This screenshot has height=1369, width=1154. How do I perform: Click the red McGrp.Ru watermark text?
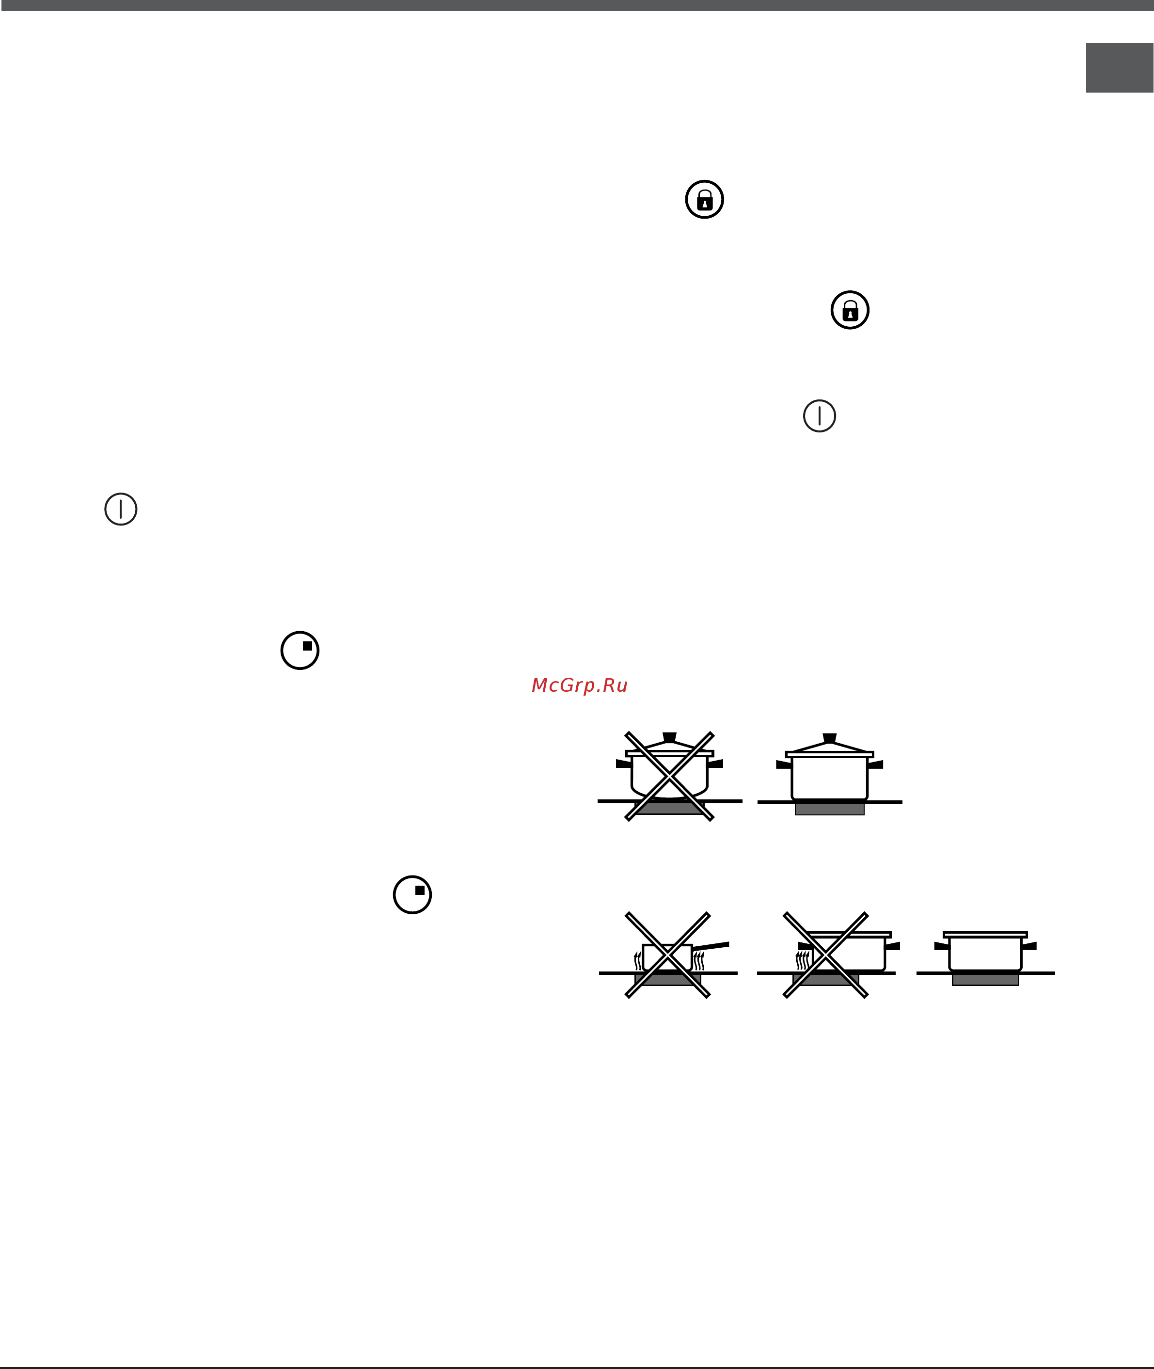coord(580,685)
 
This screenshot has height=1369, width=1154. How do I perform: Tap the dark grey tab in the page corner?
coord(1119,68)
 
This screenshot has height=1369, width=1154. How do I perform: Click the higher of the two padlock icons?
coord(705,200)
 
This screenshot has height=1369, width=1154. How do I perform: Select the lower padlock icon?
coord(850,310)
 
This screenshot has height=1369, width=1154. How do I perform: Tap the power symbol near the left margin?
coord(121,509)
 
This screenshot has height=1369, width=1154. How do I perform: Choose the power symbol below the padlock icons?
coord(820,416)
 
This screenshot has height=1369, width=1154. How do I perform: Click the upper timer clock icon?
coord(300,651)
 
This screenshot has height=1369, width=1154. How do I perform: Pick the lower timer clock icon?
coord(412,894)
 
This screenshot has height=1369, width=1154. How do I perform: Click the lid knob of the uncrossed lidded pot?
coord(830,737)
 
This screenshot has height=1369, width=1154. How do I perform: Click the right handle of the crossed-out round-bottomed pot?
coord(715,764)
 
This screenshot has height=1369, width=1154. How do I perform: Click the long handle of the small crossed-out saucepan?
coord(711,946)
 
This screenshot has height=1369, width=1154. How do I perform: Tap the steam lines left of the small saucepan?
coord(638,961)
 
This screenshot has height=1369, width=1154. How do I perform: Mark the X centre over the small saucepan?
coord(668,955)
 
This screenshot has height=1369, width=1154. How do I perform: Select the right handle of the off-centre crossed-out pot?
coord(892,946)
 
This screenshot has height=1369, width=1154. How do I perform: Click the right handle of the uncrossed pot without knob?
coord(1029,946)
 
